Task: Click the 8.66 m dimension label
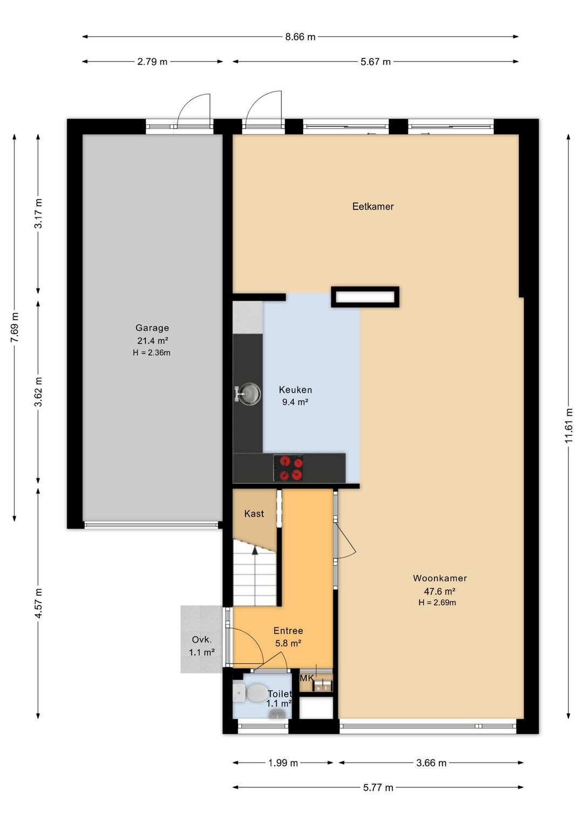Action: [300, 37]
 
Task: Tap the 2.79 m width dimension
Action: [152, 62]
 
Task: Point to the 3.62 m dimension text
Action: [38, 392]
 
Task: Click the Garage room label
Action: [152, 328]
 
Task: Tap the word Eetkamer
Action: [373, 206]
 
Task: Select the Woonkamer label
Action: [440, 578]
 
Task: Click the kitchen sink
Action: [248, 394]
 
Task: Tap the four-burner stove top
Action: [288, 468]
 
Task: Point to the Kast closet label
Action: [254, 514]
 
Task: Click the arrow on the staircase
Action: [254, 549]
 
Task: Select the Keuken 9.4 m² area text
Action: [295, 396]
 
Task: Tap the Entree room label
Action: [288, 631]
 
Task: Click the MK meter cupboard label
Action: [307, 678]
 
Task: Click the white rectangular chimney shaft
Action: [365, 297]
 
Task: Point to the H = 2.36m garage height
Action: [152, 353]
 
